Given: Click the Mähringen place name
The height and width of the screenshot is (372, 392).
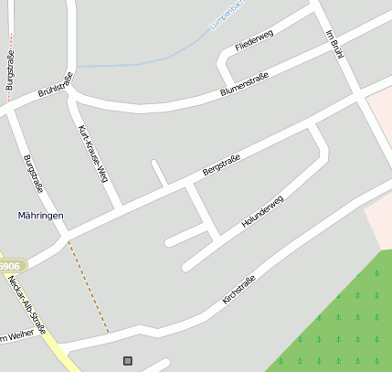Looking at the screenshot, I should [41, 216].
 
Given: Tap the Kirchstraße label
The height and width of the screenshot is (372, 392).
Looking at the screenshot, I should [239, 288].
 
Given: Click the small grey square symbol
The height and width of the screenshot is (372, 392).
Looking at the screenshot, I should [127, 361].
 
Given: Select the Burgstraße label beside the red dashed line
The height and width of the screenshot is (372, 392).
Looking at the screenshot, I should [10, 70].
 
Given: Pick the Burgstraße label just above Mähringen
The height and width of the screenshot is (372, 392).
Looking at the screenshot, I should [32, 178].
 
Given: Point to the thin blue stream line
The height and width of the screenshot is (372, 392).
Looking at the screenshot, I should [137, 63].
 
